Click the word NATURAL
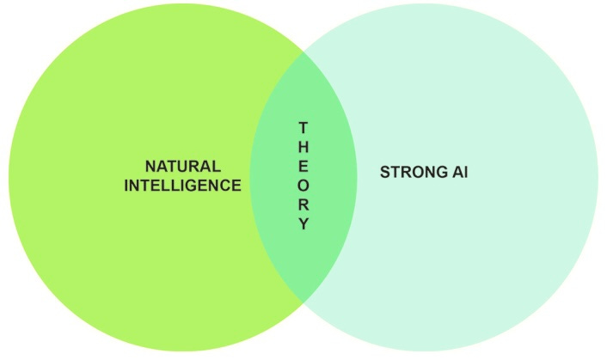182,166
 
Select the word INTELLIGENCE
182,185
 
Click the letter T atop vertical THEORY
303,127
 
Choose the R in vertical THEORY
303,205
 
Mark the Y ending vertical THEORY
303,225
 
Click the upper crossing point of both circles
303,52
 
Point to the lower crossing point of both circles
303,301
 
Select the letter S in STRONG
384,173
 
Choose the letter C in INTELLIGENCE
225,185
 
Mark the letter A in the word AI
456,173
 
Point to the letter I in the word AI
465,173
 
